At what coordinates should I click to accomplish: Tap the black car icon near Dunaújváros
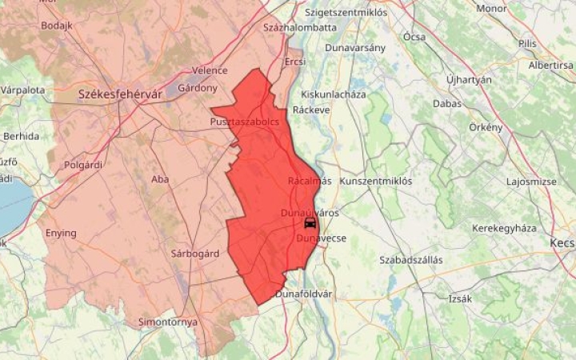[x=310, y=223]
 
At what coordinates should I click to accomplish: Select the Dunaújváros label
[x=310, y=213]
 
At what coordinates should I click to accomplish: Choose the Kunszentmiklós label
[x=376, y=182]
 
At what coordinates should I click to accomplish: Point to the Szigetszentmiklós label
[x=346, y=13]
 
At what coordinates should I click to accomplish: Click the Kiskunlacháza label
[x=334, y=94]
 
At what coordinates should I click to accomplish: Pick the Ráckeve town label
[x=311, y=110]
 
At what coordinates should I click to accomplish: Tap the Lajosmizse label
[x=531, y=182]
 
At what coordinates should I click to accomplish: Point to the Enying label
[x=62, y=234]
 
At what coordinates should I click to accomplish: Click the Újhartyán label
[x=469, y=80]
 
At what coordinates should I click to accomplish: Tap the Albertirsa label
[x=551, y=65]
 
